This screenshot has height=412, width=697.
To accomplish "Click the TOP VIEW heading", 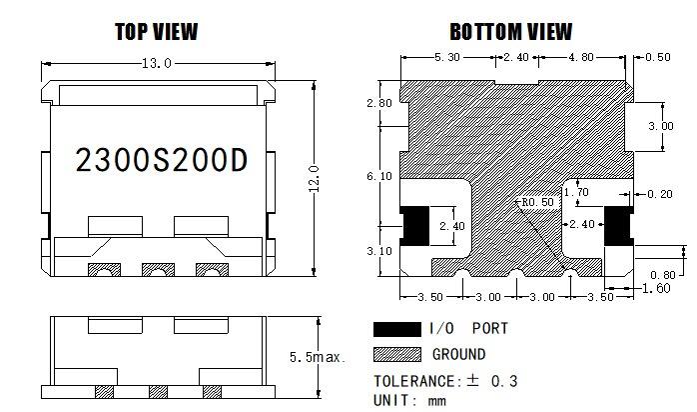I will click(x=156, y=32).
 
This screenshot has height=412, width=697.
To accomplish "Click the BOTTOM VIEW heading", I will click(x=510, y=32).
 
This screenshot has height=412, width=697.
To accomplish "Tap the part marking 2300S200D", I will click(x=161, y=161).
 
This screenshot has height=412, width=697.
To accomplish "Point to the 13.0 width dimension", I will click(x=157, y=64).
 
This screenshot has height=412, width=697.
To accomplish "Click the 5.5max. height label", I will click(x=317, y=357).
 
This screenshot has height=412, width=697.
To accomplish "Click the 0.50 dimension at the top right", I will click(x=658, y=58).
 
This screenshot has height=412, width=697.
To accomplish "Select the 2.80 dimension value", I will click(x=379, y=104).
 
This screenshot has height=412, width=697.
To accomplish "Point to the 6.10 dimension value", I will click(x=379, y=176).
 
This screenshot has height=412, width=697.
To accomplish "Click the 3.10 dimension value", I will click(x=379, y=251).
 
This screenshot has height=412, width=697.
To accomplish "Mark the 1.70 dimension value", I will click(x=577, y=192).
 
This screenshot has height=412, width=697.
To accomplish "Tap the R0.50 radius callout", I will click(x=535, y=202).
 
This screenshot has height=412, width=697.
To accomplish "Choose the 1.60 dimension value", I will click(x=656, y=289).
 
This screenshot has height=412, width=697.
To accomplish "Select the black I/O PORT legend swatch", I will click(x=396, y=329).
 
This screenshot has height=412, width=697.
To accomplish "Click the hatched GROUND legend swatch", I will click(x=396, y=354).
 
